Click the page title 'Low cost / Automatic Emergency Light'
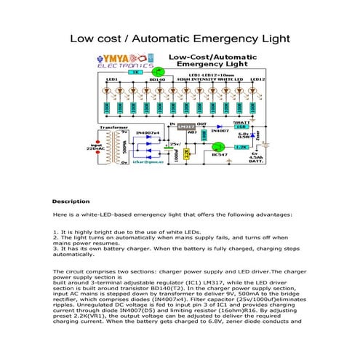(180, 39)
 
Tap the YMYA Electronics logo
(123, 62)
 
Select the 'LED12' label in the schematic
(256, 79)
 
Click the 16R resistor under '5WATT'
(240, 127)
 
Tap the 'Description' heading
(71, 201)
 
